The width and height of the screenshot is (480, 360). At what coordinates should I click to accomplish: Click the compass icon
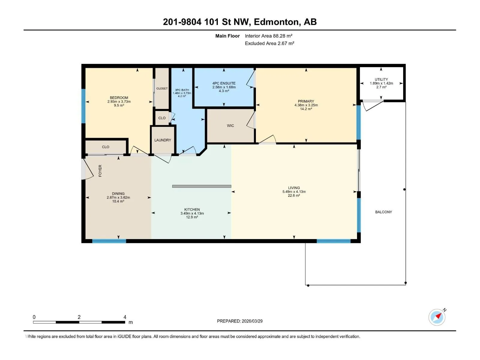pos(437,317)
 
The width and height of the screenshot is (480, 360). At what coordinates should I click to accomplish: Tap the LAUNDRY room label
pos(163,140)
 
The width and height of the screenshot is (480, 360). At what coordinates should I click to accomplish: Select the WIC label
pos(230,126)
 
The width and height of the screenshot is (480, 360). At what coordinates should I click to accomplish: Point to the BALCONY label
pos(383,212)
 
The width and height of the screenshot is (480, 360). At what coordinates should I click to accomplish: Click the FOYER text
pos(100,171)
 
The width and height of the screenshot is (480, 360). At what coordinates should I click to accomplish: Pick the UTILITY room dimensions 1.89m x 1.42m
pos(381,83)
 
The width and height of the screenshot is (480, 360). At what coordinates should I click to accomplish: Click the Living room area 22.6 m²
pos(294,195)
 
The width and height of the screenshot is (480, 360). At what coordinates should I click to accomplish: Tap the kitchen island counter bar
pos(202,186)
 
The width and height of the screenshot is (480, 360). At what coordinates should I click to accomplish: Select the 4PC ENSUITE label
pos(224,83)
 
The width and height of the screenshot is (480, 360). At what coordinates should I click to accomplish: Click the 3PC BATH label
pos(182,90)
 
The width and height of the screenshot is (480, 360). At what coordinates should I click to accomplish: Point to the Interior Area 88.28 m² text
pos(268,36)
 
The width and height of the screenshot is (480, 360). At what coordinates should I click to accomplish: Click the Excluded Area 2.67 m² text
pos(269,43)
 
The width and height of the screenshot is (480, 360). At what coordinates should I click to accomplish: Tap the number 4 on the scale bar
pos(125,317)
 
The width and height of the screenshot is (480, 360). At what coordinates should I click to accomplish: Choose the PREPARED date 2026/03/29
pos(252,321)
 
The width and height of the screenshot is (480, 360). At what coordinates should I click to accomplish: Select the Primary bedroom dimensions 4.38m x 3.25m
pos(306,105)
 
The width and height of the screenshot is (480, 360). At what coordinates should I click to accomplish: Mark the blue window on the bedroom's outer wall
pos(83,106)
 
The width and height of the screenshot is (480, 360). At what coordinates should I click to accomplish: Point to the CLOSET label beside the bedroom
pos(162,88)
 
